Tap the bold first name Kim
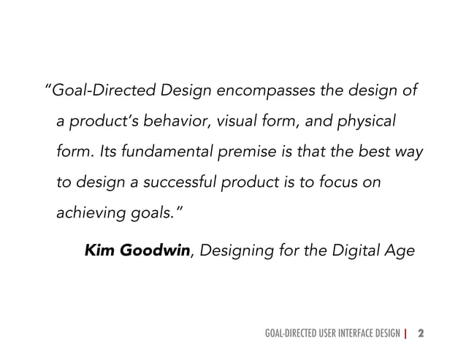(x=101, y=251)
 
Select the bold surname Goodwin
(x=156, y=251)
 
